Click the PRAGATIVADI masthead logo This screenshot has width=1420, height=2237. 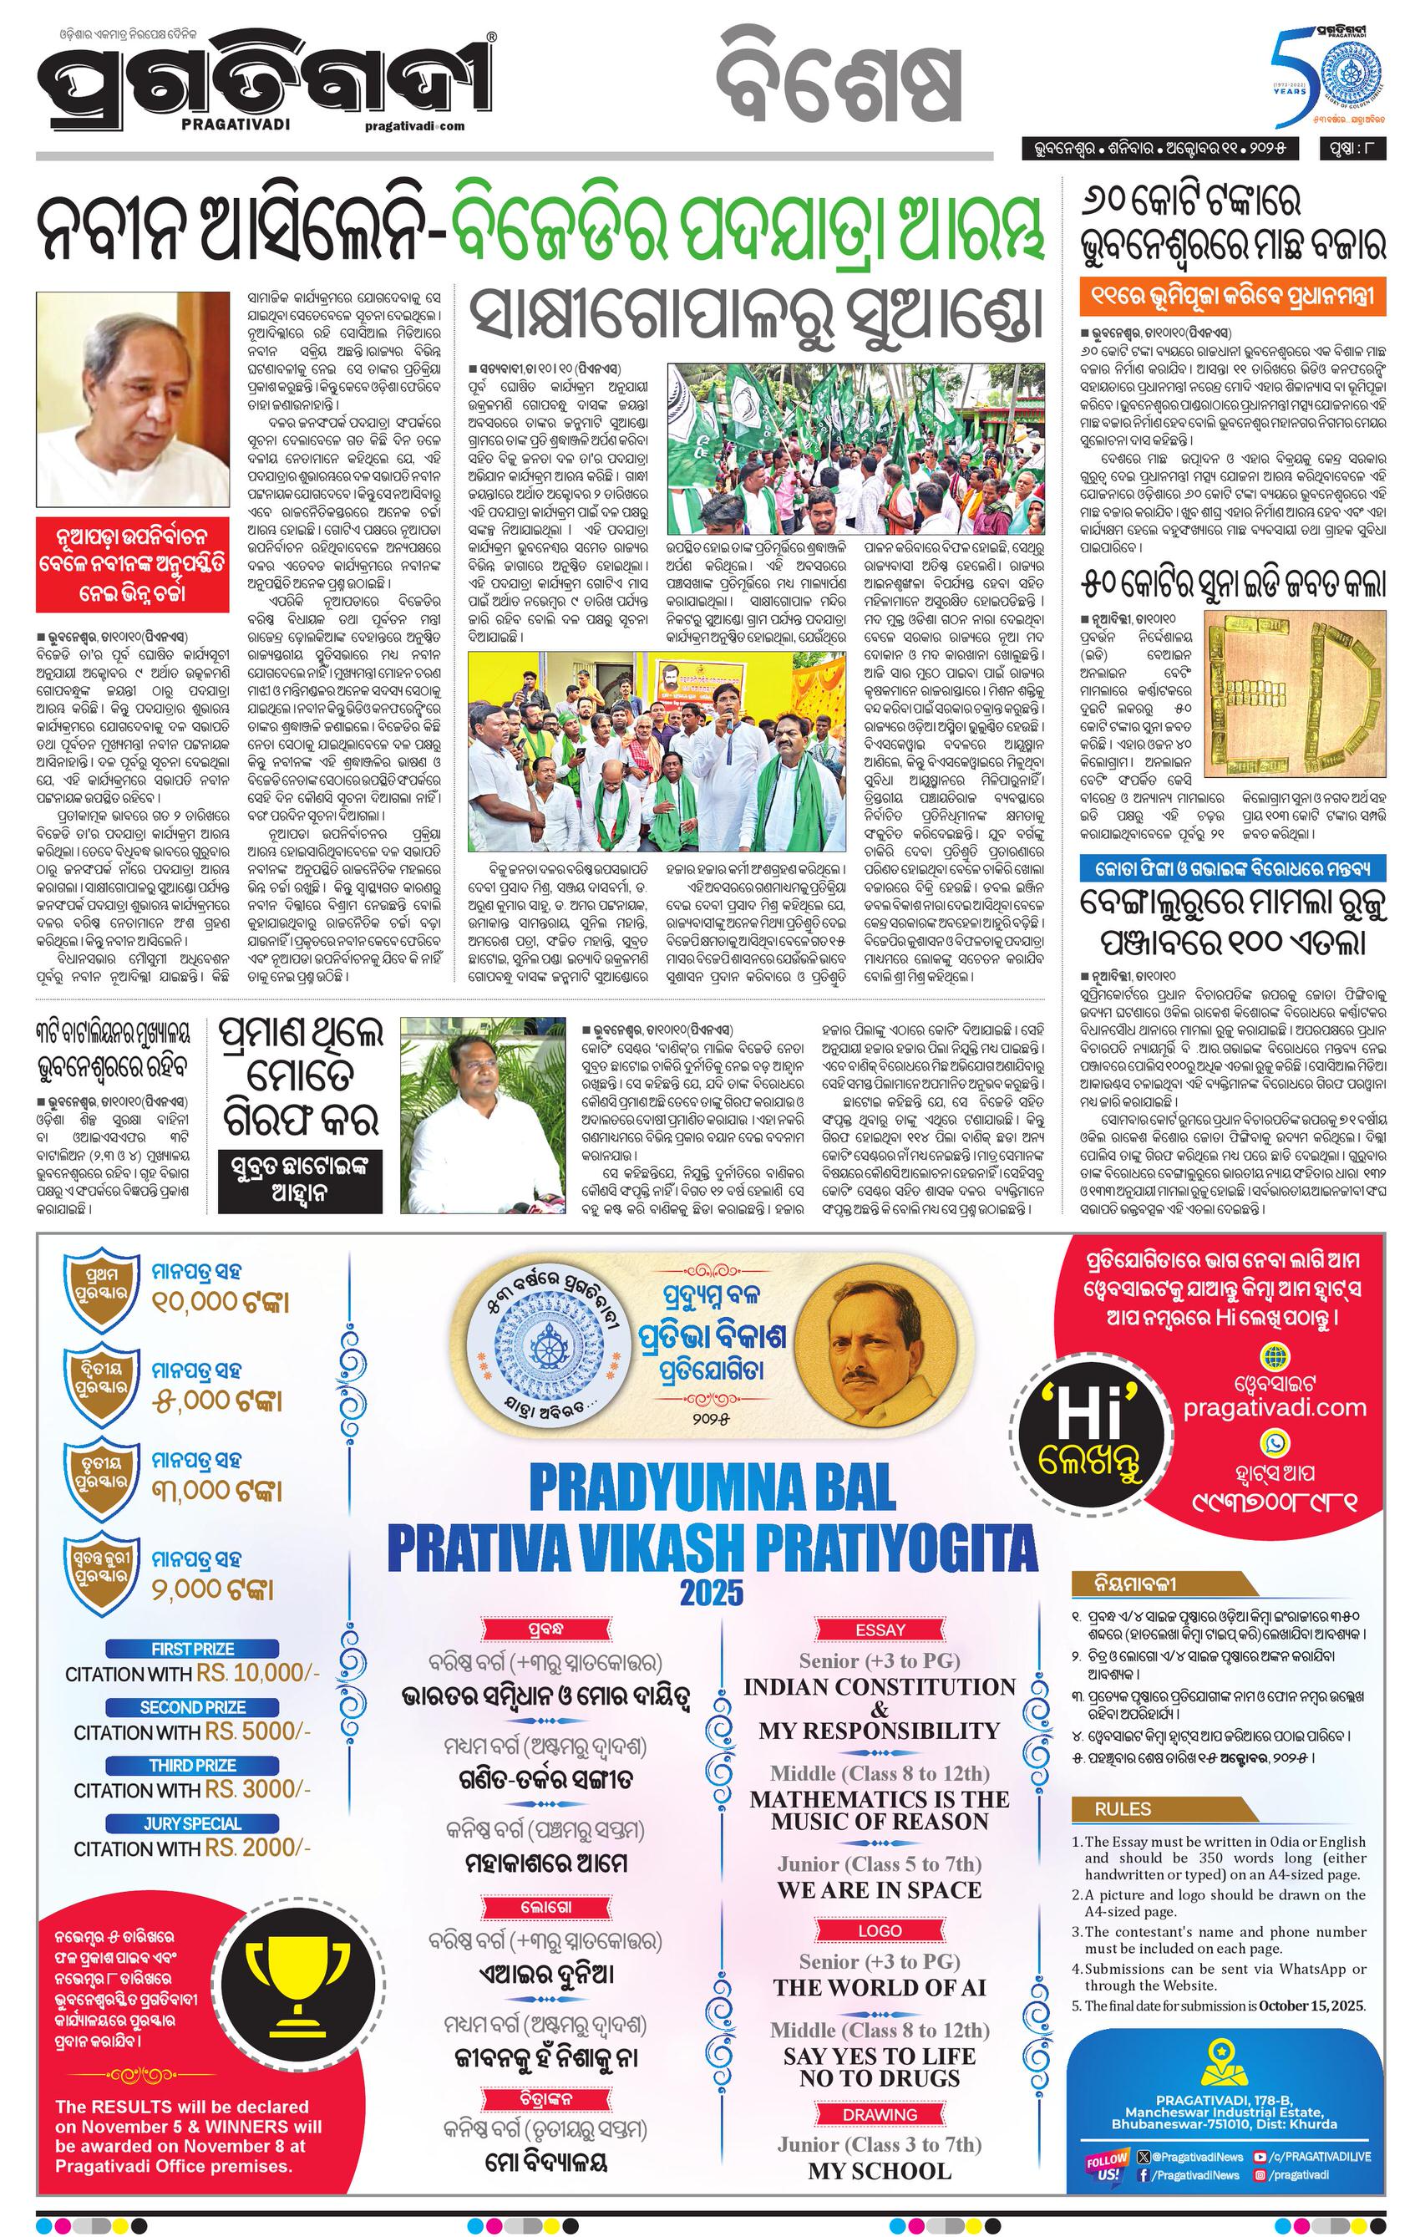pos(262,91)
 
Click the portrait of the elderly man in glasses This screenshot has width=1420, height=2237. pos(131,398)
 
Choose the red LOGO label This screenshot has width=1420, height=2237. pos(880,1930)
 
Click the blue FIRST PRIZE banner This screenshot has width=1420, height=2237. pos(192,1649)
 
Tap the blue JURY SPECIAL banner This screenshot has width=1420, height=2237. pos(192,1823)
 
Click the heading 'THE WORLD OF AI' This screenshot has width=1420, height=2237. pos(880,1987)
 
